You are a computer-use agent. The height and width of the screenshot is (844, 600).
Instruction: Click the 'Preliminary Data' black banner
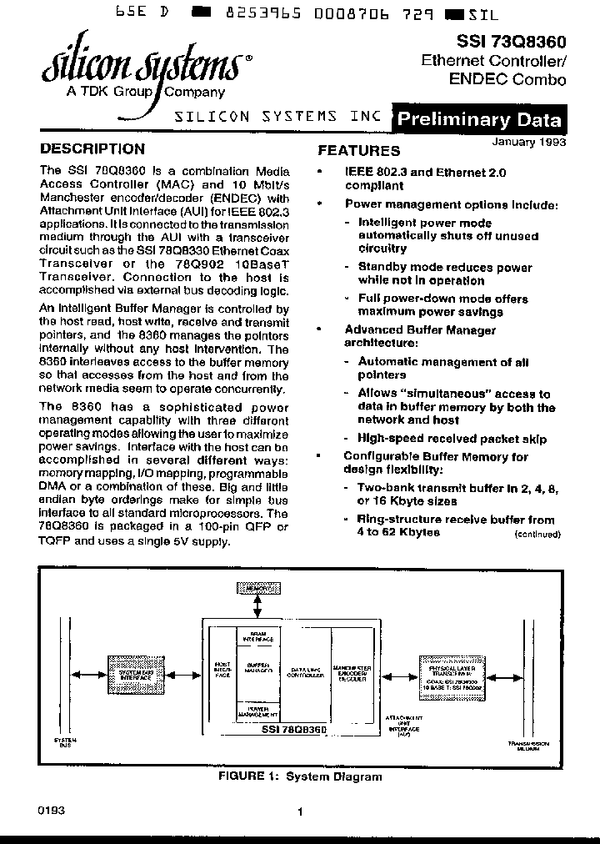(478, 119)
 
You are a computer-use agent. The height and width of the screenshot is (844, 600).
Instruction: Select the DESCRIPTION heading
(92, 149)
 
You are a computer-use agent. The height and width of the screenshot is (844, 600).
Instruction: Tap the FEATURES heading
(359, 151)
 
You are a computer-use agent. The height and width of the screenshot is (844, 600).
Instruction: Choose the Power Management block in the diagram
(257, 711)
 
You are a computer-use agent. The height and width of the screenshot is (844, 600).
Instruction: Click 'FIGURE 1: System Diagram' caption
(300, 776)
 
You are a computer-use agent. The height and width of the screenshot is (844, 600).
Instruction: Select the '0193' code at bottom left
(51, 810)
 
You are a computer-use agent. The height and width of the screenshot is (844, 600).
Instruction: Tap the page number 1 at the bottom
(299, 811)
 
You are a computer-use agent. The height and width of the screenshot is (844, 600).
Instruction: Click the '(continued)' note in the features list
(537, 533)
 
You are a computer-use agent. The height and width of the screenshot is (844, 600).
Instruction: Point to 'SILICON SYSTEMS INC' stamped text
(277, 117)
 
